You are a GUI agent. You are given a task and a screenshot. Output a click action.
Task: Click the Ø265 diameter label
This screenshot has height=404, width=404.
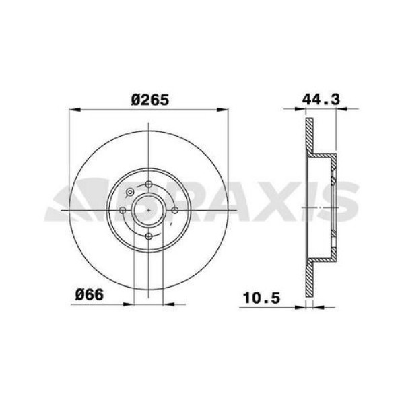tap(149, 99)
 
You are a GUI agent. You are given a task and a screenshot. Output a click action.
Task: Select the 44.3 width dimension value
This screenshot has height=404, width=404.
tap(319, 99)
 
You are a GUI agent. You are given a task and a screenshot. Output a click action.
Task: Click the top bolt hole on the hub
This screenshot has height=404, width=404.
tap(148, 184)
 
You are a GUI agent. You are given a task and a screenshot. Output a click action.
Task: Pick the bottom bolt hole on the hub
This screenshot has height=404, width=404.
tap(148, 236)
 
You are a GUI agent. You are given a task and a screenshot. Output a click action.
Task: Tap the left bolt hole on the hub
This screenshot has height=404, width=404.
tap(122, 210)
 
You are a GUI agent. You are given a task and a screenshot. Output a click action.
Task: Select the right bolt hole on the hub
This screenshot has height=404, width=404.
tap(174, 210)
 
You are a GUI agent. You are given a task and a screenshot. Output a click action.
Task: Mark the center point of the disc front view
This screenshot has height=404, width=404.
tap(148, 210)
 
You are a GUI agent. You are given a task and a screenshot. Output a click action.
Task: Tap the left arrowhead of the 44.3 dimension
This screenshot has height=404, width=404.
tap(308, 109)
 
